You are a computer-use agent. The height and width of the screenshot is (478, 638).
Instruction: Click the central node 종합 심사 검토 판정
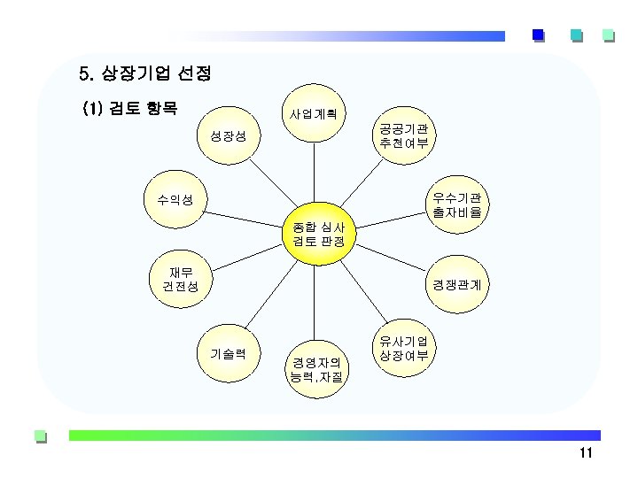[x=318, y=234]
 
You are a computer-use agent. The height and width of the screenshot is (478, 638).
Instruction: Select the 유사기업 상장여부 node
[x=404, y=348]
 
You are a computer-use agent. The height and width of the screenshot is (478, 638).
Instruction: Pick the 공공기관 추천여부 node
[x=404, y=135]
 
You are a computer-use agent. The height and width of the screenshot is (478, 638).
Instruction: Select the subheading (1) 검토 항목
[x=129, y=109]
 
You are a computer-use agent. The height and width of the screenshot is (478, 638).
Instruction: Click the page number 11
[x=584, y=454]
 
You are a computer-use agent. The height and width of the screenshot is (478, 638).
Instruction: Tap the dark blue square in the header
[x=538, y=35]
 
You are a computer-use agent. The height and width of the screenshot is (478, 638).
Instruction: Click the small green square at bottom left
[x=39, y=436]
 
